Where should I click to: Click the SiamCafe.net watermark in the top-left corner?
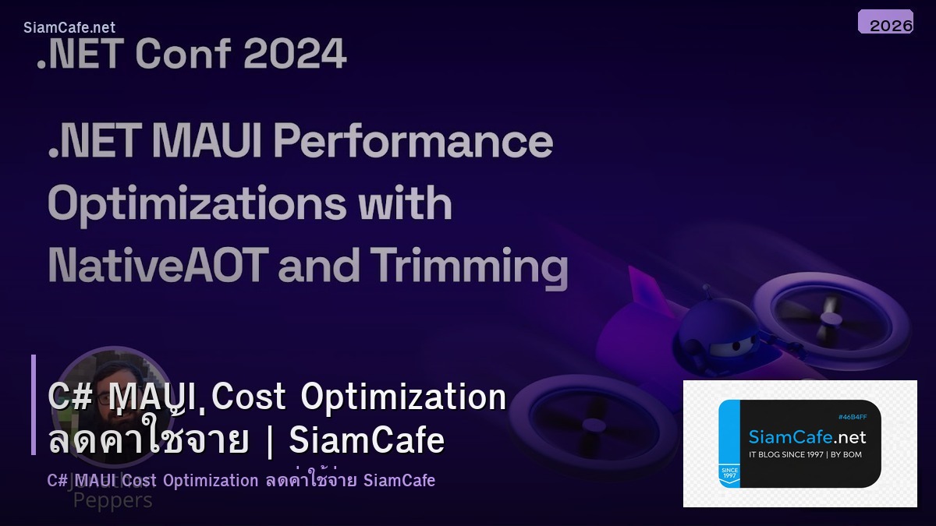click(x=69, y=28)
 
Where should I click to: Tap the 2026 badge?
click(x=885, y=22)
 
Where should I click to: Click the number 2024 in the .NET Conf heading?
click(x=294, y=55)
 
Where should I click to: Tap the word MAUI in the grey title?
click(x=198, y=142)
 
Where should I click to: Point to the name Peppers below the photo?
click(x=112, y=500)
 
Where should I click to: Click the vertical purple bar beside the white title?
click(x=34, y=404)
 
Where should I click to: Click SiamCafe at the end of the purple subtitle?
click(x=399, y=480)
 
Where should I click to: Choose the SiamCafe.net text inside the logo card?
click(x=807, y=436)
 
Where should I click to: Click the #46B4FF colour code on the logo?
click(x=853, y=417)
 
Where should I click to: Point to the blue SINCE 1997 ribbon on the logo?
click(x=729, y=475)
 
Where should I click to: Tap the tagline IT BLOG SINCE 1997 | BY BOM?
click(x=805, y=454)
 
